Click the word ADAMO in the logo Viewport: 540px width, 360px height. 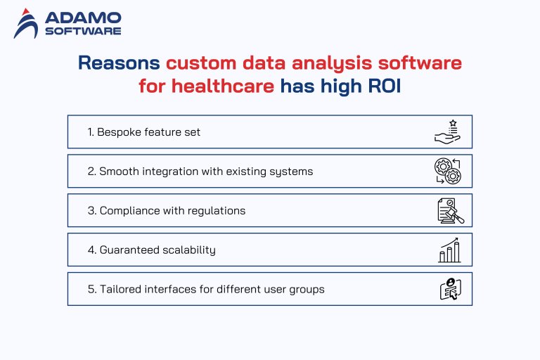click(x=82, y=18)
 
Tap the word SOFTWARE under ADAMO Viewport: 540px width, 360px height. click(x=82, y=31)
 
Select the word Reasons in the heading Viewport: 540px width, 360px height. click(x=119, y=63)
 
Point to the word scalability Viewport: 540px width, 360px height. click(x=190, y=250)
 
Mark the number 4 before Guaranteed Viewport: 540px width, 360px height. click(x=91, y=250)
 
